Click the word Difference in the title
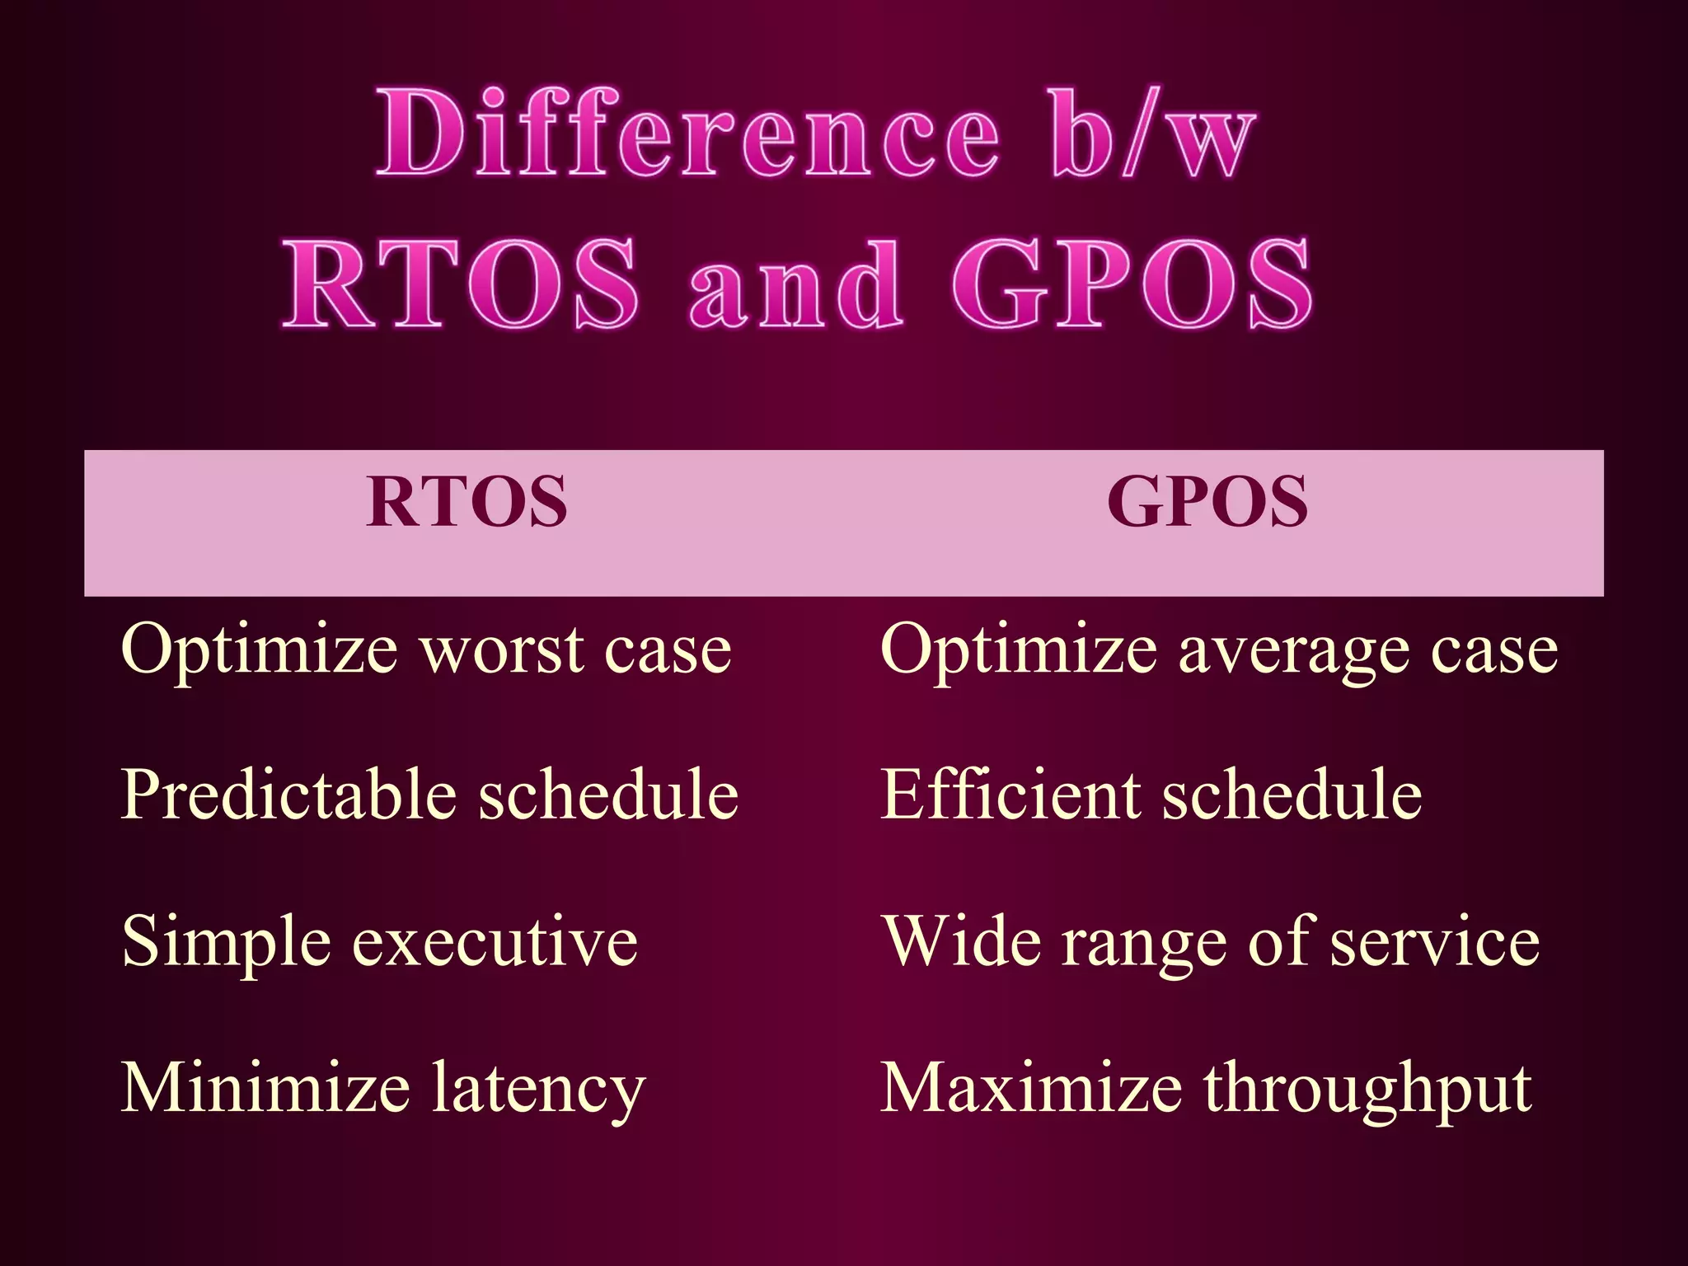pos(688,134)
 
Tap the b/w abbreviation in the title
pos(1152,134)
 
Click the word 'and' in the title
pos(795,284)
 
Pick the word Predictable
pos(288,795)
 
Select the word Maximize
pos(1031,1088)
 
